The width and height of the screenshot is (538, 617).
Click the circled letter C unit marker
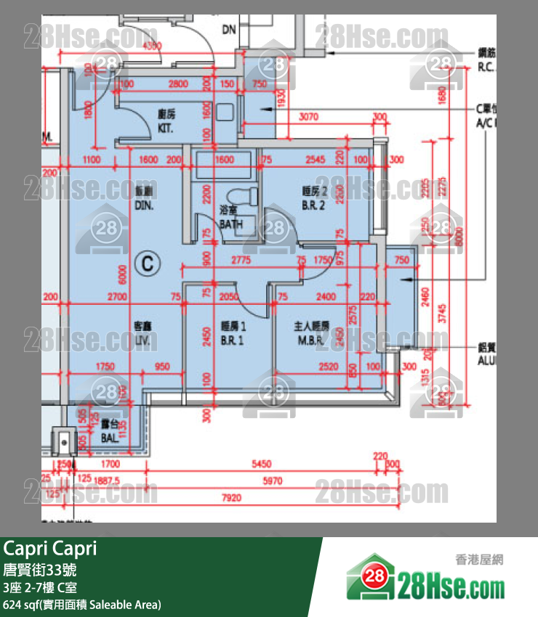(x=148, y=263)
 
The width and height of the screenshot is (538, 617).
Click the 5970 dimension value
(x=272, y=481)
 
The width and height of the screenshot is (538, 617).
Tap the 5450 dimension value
(x=261, y=464)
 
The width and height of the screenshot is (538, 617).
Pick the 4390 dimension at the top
(x=153, y=46)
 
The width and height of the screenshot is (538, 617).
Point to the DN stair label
(x=229, y=30)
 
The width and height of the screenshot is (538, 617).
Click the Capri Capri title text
(x=49, y=549)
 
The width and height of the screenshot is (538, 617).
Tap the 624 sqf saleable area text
(x=82, y=604)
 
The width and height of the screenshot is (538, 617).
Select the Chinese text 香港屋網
(x=479, y=559)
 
